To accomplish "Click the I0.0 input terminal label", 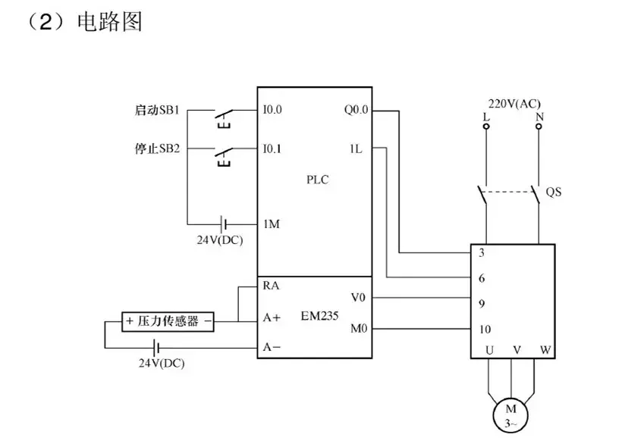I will coord(272,110).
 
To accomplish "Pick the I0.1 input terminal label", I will coord(272,149).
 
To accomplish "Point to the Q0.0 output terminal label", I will coord(355,110).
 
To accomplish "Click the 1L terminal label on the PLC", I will coord(356,149).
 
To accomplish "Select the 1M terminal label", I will coord(272,224).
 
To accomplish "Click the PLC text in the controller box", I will coord(318,180).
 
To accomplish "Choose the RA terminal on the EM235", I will coord(271,286).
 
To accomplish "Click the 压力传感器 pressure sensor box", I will coord(168,321).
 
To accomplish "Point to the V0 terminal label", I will coord(359,297).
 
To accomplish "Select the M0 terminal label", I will coord(359,329).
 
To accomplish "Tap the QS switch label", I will coord(554,192).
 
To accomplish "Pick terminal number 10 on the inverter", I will coord(486,330).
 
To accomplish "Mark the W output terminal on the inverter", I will coord(545,349).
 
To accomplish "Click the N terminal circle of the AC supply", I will coord(539,127).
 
